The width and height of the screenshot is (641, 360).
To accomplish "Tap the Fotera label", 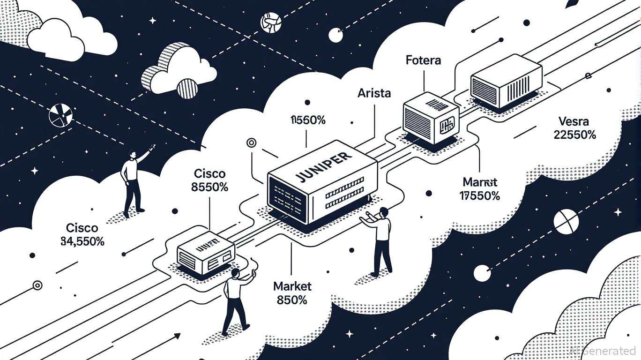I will [x=423, y=60].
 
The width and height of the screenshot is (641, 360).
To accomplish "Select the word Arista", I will [x=374, y=93].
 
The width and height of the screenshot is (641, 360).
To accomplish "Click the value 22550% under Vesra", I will [x=574, y=135].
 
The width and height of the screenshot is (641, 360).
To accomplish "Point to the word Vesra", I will [x=574, y=122].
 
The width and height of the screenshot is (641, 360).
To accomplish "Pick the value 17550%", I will [x=480, y=195].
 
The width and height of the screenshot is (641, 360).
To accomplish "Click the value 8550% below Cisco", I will [x=209, y=187].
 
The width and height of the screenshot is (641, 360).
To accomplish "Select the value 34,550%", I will [x=82, y=241].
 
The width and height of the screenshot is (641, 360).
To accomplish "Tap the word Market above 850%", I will [x=292, y=286].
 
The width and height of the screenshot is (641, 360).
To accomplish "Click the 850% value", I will [x=292, y=300].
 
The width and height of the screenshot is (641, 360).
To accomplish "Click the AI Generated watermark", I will [x=604, y=350].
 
